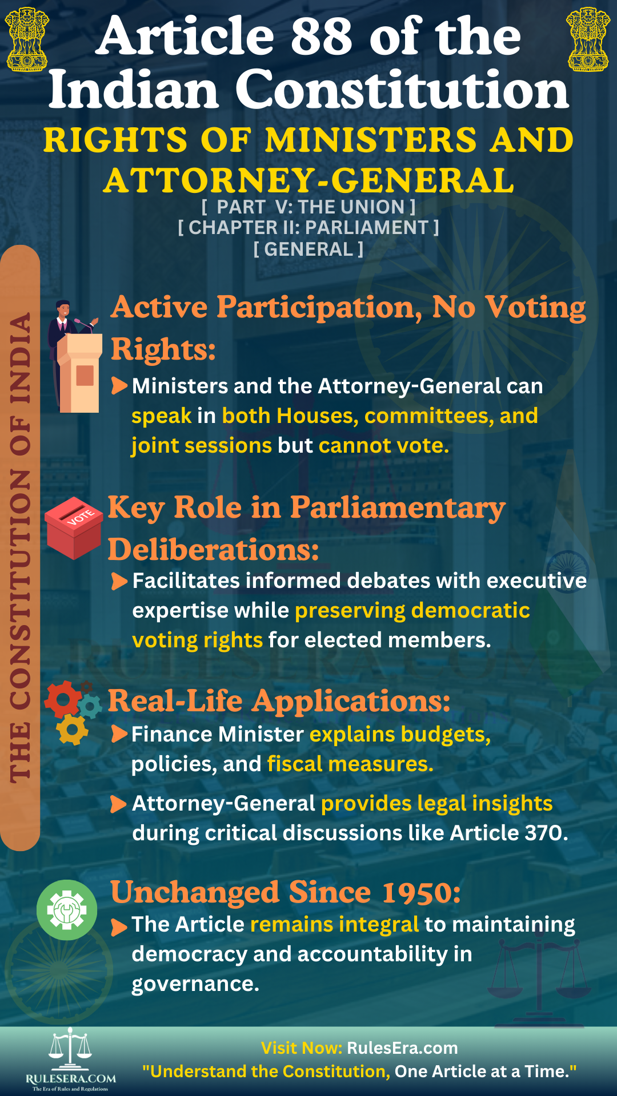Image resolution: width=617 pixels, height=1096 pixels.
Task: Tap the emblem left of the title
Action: tap(27, 39)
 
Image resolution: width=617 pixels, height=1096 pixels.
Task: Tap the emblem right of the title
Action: tap(588, 39)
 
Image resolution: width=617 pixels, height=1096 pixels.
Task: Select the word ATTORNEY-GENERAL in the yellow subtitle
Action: tap(309, 180)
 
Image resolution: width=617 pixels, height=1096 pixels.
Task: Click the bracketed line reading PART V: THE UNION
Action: tap(308, 207)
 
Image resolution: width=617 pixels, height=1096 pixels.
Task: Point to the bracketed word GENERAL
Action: tap(308, 249)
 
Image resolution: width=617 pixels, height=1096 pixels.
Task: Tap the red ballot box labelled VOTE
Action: tap(74, 527)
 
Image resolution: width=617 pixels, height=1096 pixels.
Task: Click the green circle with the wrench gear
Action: tap(67, 909)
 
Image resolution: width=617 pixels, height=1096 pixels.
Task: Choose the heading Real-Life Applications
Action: tap(279, 700)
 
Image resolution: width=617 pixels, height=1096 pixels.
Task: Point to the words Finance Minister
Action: tap(218, 734)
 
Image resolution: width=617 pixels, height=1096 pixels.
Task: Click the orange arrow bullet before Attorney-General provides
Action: tap(118, 804)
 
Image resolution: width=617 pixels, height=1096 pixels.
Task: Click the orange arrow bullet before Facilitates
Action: tap(119, 581)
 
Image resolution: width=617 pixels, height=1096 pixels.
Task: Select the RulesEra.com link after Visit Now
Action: tap(402, 1048)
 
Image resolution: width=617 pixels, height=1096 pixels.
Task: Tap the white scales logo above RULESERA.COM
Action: tap(70, 1049)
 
